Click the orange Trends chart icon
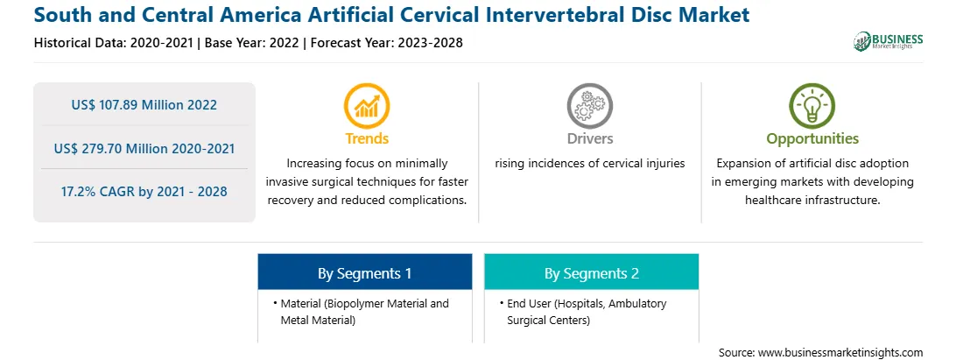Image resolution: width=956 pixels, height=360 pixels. coord(367,106)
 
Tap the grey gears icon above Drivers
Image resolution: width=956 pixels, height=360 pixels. coord(589,106)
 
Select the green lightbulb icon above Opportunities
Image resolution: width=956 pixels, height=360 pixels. coord(812,106)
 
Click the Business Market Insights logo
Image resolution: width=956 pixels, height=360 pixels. coord(889,41)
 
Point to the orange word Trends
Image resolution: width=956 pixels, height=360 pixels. coord(367,138)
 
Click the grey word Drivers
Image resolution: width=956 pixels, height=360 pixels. coord(589,138)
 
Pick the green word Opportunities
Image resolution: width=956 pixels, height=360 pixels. coord(812,139)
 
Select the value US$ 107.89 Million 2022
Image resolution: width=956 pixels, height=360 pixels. coord(144,105)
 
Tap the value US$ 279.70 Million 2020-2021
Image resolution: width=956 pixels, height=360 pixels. coord(144,148)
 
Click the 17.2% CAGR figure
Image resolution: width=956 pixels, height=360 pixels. coord(144,192)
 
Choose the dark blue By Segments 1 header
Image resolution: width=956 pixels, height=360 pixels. coord(364,272)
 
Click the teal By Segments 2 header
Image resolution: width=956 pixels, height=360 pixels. coord(592,272)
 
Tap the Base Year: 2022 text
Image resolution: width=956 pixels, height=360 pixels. coord(251,43)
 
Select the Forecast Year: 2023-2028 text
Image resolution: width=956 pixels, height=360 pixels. coord(384,43)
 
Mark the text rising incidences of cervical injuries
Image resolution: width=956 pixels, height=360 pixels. coord(589,164)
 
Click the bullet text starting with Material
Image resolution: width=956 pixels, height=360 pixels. coord(364,311)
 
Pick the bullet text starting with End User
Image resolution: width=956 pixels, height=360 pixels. coord(587,311)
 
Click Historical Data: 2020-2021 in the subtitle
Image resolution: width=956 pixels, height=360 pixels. coord(116,43)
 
